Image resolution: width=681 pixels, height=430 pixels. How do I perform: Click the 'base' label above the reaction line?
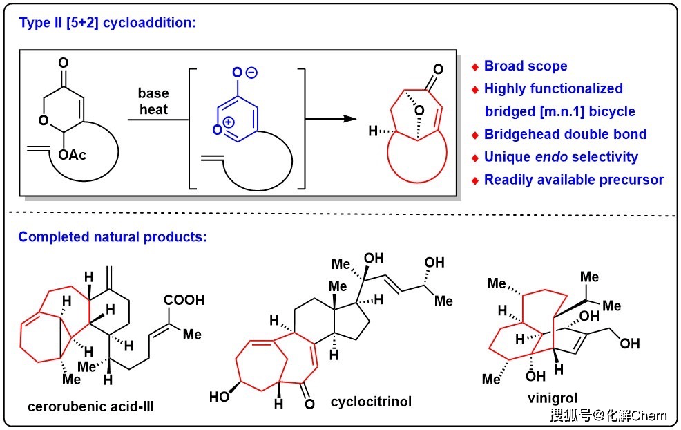click(x=153, y=93)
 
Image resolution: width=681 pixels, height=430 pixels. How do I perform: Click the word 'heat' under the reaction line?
click(x=153, y=109)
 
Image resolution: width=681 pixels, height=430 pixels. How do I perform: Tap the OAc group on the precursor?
click(x=72, y=155)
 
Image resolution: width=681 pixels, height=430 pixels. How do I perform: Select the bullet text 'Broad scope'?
click(x=526, y=66)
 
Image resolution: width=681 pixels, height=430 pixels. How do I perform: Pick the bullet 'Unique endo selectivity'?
click(x=561, y=157)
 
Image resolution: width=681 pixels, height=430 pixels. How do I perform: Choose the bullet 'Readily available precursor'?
click(x=573, y=180)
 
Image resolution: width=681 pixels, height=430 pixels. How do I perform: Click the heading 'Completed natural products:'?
click(x=113, y=237)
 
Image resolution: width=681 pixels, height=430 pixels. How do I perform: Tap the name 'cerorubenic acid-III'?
click(x=90, y=406)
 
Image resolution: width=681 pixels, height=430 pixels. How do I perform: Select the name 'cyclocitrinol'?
click(x=371, y=401)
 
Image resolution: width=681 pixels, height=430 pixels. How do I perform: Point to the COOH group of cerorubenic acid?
click(x=185, y=301)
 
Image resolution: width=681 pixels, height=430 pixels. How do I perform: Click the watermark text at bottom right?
click(x=608, y=415)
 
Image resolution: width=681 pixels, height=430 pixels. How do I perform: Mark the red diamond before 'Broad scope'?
click(x=475, y=67)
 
